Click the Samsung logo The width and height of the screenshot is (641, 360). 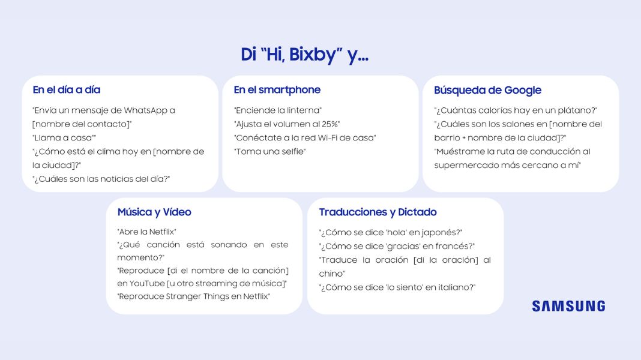568,306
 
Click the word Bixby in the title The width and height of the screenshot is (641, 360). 313,55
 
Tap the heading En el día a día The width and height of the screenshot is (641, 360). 67,90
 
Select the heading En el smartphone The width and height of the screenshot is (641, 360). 277,90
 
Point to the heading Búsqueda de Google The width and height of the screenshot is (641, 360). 488,91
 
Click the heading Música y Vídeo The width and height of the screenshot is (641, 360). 154,212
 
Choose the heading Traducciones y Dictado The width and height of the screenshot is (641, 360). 378,212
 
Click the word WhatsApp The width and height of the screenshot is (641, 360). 145,110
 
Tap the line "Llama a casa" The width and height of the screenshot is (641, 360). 64,138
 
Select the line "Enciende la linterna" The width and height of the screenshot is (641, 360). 277,110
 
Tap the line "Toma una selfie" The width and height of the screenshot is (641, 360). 270,152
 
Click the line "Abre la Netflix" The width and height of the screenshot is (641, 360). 147,232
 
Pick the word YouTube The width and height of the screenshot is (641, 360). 147,284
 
